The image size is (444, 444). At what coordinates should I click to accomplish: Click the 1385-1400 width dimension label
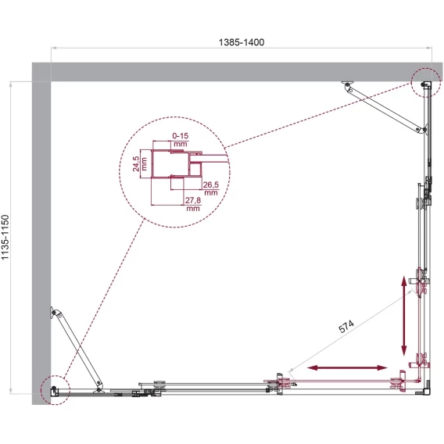pyautogui.click(x=242, y=42)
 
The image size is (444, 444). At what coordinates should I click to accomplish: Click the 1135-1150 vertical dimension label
pyautogui.click(x=5, y=238)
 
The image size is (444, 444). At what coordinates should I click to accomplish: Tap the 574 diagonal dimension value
pyautogui.click(x=346, y=326)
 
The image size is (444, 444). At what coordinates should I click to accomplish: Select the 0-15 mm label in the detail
pyautogui.click(x=181, y=140)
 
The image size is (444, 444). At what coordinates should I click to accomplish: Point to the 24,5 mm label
pyautogui.click(x=140, y=163)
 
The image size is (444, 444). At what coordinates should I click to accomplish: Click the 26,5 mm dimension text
pyautogui.click(x=211, y=188)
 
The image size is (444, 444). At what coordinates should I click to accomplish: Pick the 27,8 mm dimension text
pyautogui.click(x=193, y=204)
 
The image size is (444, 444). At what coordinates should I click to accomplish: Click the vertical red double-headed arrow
pyautogui.click(x=404, y=317)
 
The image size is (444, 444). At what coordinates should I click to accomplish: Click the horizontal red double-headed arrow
pyautogui.click(x=347, y=368)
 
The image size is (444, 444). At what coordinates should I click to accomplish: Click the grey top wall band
pyautogui.click(x=238, y=72)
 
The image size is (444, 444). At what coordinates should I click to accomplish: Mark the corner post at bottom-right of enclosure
pyautogui.click(x=427, y=392)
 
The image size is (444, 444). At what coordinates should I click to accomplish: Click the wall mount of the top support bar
pyautogui.click(x=347, y=84)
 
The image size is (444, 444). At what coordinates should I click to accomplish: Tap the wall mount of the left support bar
pyautogui.click(x=53, y=313)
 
